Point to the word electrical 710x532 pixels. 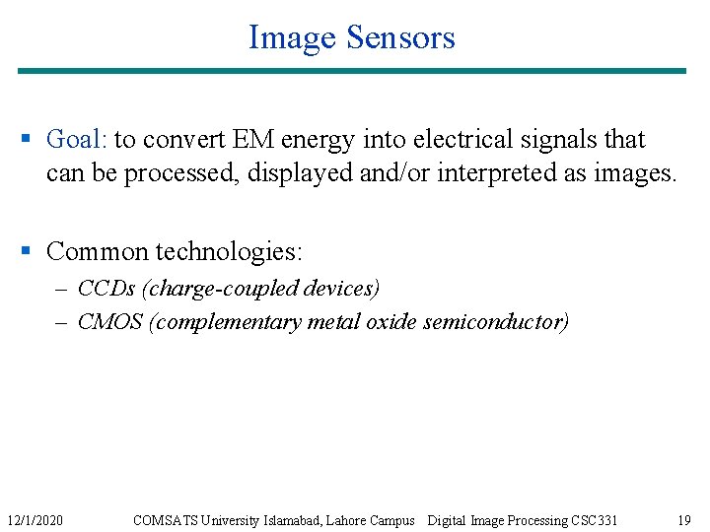pyautogui.click(x=454, y=140)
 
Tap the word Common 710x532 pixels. pyautogui.click(x=95, y=251)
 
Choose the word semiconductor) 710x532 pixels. pyautogui.click(x=496, y=322)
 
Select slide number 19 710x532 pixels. pyautogui.click(x=684, y=520)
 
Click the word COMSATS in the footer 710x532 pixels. pyautogui.click(x=164, y=520)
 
